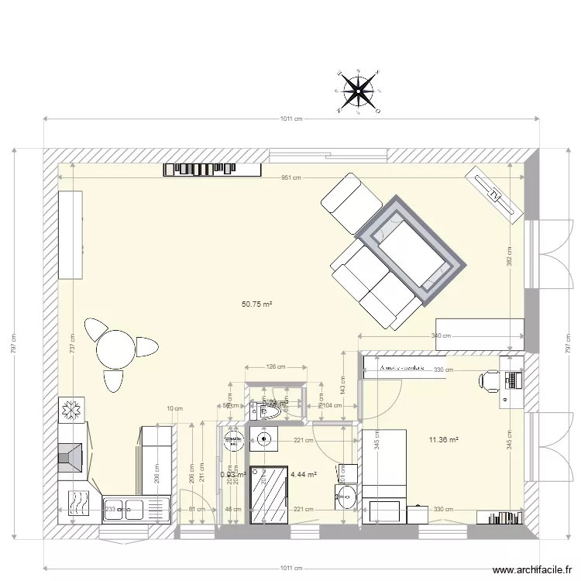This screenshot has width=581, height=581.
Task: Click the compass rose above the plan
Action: [x=357, y=92]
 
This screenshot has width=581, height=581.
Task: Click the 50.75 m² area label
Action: [x=256, y=304]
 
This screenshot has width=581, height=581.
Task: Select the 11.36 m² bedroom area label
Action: [x=443, y=441]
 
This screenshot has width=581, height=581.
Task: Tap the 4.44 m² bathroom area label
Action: [x=303, y=474]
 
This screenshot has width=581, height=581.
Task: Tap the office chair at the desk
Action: [x=490, y=380]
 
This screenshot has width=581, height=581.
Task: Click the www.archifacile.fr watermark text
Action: [x=526, y=568]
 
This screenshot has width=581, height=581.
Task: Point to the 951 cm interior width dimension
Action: [x=290, y=177]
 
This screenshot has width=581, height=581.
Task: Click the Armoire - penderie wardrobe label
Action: [x=402, y=369]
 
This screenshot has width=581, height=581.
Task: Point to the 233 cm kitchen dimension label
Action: [x=113, y=509]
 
